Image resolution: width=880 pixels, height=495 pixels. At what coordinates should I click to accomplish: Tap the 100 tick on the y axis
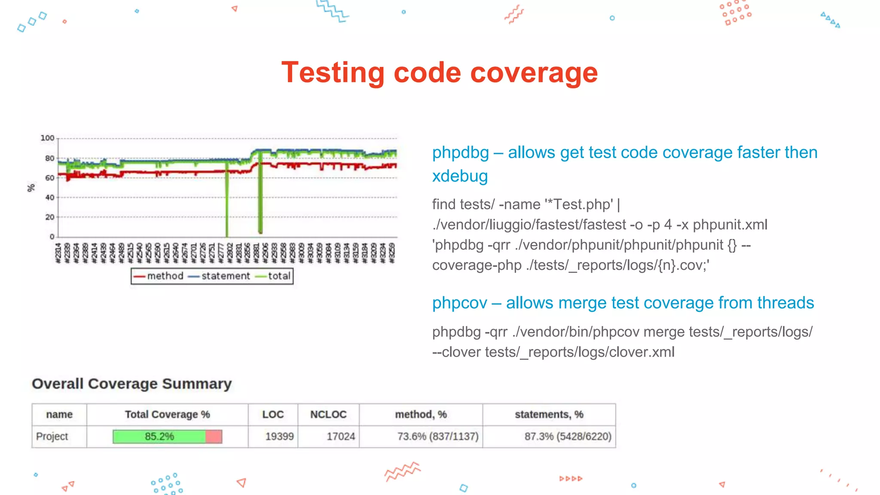(47, 138)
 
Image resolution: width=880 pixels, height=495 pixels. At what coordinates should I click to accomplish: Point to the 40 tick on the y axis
(50, 197)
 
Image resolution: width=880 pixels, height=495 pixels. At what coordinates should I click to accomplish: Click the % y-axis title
(31, 188)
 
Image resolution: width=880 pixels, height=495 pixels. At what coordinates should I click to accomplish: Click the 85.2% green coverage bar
(159, 437)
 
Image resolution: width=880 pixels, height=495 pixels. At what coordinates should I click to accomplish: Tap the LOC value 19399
(279, 437)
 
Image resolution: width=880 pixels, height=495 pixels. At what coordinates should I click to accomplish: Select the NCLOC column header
(328, 415)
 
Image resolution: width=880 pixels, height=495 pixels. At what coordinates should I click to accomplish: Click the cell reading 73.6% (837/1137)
(437, 437)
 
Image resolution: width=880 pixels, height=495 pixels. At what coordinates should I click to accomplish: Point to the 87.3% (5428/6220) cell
(568, 437)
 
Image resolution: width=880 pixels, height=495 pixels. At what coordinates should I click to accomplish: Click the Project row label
(52, 437)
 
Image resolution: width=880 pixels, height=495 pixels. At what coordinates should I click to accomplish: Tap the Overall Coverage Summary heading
(131, 384)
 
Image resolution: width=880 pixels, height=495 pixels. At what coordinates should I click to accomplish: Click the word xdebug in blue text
(460, 176)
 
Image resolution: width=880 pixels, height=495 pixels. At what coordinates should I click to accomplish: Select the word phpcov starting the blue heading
(459, 303)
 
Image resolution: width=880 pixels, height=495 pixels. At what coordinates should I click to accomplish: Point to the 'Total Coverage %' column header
(167, 415)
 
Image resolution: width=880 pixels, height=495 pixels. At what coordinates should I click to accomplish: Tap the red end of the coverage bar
(214, 437)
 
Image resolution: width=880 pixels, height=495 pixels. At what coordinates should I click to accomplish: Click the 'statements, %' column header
(549, 415)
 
